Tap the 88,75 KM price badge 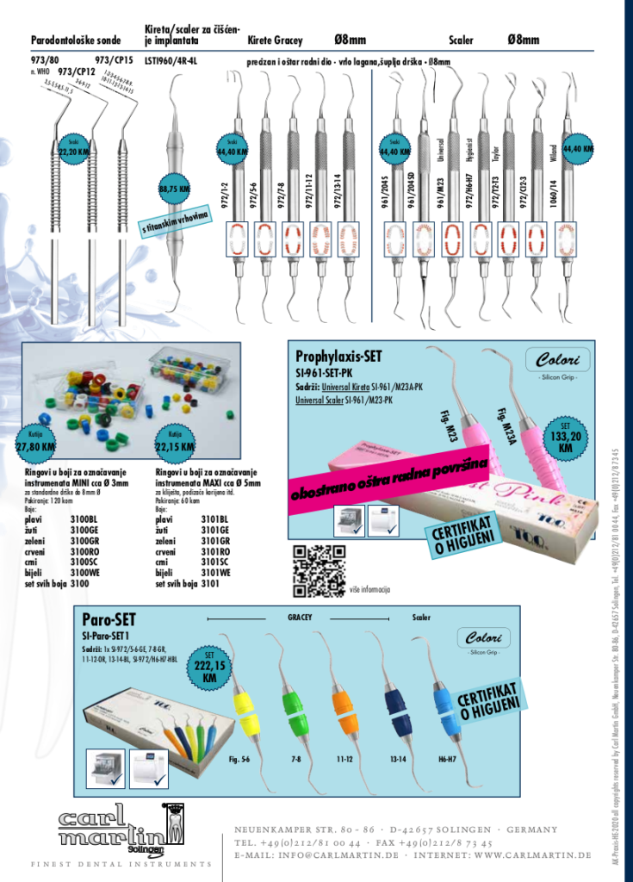click(x=174, y=189)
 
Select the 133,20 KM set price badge click(x=565, y=438)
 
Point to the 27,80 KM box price click(x=36, y=446)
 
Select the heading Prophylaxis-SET click(x=338, y=356)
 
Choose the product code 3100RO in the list click(x=84, y=550)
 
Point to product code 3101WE click(x=215, y=571)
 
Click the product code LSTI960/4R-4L click(x=171, y=61)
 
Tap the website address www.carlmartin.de click(x=532, y=854)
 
